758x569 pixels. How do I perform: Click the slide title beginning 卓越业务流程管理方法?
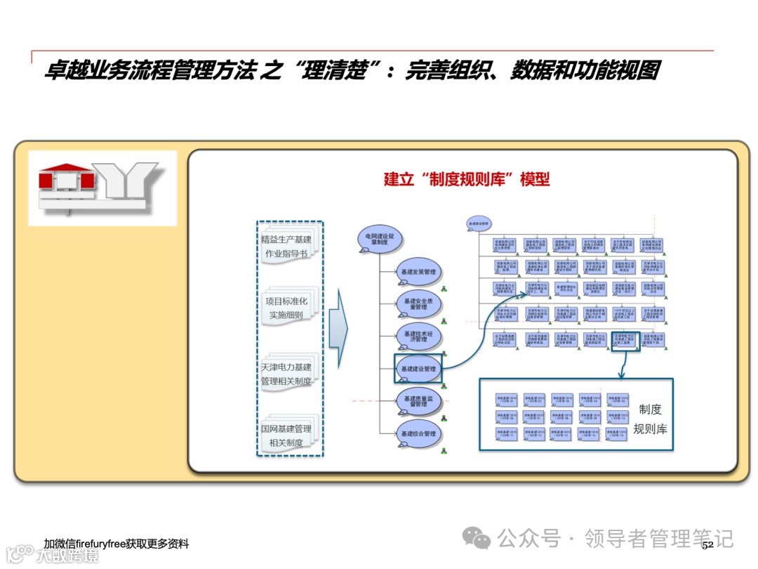point(352,72)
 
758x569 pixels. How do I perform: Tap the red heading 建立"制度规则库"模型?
point(467,178)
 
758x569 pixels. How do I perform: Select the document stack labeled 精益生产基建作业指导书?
point(287,247)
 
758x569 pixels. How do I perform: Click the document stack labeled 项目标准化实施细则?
point(287,308)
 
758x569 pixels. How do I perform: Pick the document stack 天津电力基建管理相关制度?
point(287,374)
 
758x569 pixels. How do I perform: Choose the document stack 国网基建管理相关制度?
point(287,436)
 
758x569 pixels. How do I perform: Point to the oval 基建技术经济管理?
point(420,335)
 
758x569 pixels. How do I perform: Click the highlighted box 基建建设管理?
point(418,368)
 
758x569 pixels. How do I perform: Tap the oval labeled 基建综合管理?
point(418,433)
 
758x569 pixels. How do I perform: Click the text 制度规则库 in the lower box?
point(650,419)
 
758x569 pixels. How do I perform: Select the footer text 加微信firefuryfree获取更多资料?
point(116,544)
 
